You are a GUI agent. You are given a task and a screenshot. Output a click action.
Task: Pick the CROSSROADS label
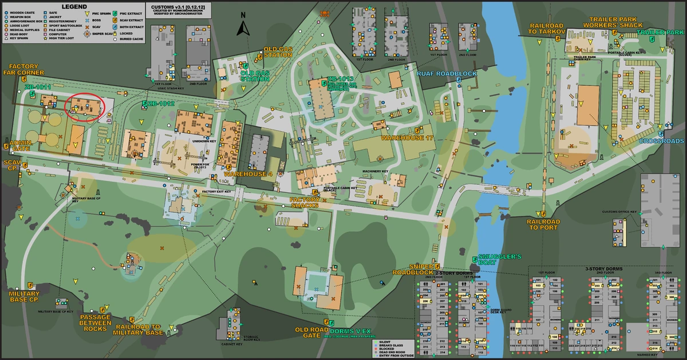(661, 141)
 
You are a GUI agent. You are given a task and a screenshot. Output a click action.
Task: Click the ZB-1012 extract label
(160, 104)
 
